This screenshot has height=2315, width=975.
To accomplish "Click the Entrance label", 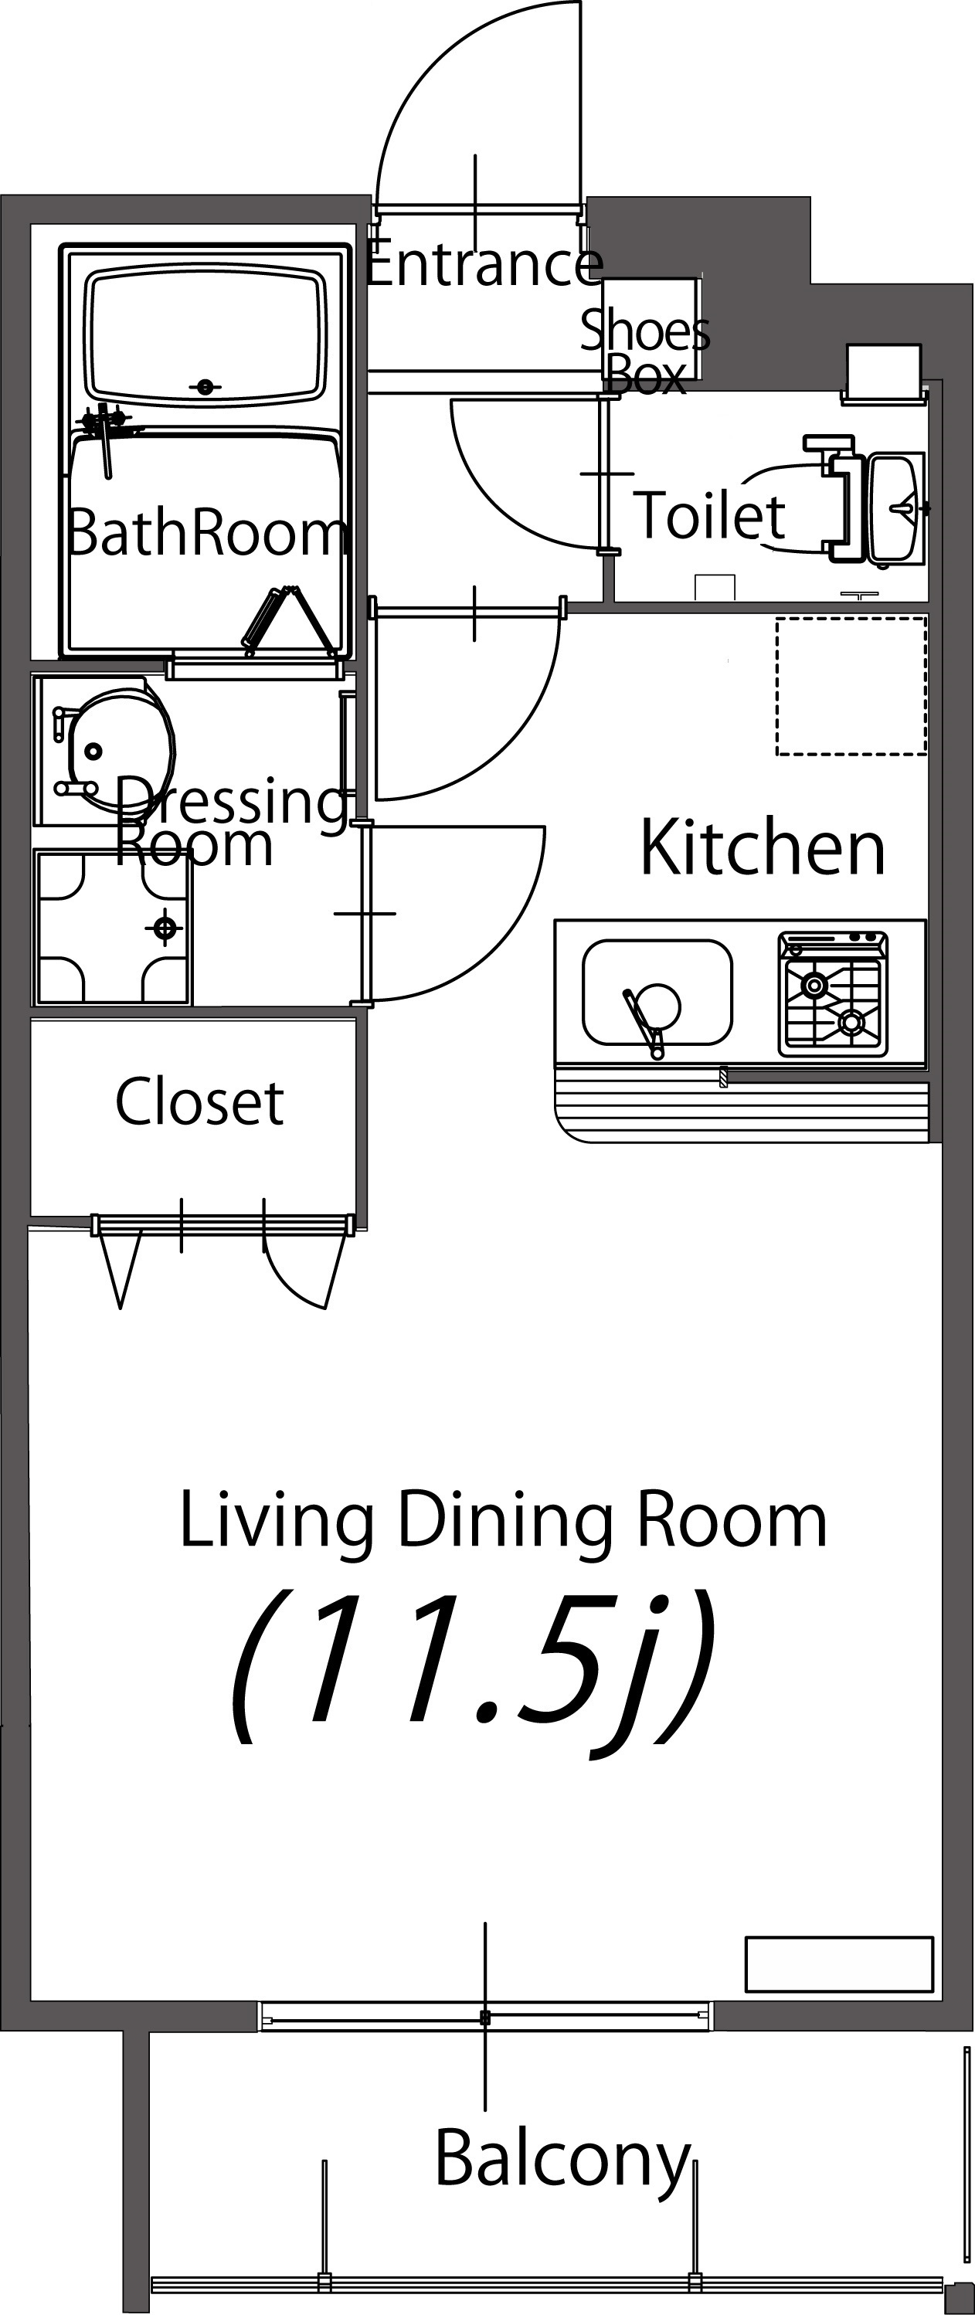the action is point(484,263).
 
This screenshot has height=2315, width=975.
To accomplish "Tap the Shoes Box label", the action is point(645,351).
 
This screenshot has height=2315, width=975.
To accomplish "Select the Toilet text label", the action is point(710,515).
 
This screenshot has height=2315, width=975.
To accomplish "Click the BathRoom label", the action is point(207,532).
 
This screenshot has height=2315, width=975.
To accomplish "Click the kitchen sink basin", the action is point(657,993).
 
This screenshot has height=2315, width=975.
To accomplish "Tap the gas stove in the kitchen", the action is point(833,993).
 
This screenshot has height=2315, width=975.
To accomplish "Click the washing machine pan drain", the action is point(165,928).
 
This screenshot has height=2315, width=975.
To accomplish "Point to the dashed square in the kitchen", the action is point(851,686).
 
